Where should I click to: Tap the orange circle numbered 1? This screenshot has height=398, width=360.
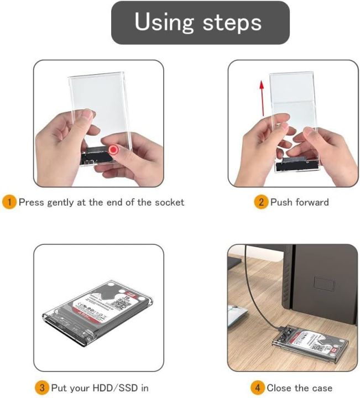[9, 202]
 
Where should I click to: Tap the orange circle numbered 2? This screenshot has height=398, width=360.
[261, 202]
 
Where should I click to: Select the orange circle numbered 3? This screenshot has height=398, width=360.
[42, 388]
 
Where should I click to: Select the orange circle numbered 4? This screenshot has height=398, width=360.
[258, 388]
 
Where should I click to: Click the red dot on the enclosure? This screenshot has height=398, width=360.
[114, 150]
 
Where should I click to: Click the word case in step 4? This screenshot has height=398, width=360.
[322, 388]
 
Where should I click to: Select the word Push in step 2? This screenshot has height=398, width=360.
[280, 202]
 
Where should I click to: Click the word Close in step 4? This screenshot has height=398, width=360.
[279, 388]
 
